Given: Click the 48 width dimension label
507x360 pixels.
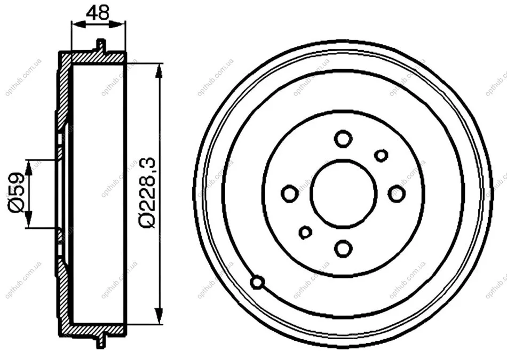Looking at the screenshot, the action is coord(98,12).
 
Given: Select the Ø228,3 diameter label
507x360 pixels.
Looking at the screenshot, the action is coord(147,193).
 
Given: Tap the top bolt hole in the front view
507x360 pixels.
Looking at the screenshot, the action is coord(343,139).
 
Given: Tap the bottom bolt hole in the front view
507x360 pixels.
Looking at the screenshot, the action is coord(343,249).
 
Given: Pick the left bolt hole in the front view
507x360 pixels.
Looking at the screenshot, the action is coord(290,194).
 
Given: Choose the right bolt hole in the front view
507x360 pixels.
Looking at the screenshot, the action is coord(397,194).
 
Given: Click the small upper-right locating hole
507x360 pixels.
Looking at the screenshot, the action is coord(381,155).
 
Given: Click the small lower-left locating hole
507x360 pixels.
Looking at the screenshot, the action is coord(305,232).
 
